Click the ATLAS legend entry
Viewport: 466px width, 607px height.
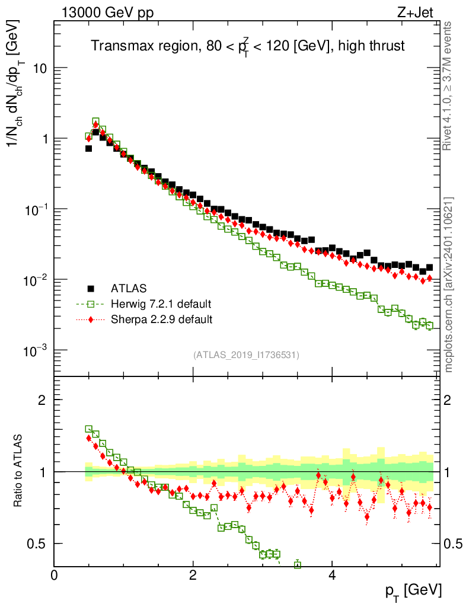pyautogui.click(x=128, y=289)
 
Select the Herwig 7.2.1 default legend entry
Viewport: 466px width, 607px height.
pyautogui.click(x=161, y=304)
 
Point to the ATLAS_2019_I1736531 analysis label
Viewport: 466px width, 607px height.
pyautogui.click(x=246, y=355)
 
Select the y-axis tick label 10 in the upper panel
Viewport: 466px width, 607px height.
pyautogui.click(x=40, y=68)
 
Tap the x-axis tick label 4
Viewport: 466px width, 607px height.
pyautogui.click(x=332, y=576)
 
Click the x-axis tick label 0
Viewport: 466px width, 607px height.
pyautogui.click(x=54, y=576)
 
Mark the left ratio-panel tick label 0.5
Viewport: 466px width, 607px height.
pyautogui.click(x=39, y=544)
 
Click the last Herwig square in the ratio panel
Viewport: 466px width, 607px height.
pyautogui.click(x=298, y=565)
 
